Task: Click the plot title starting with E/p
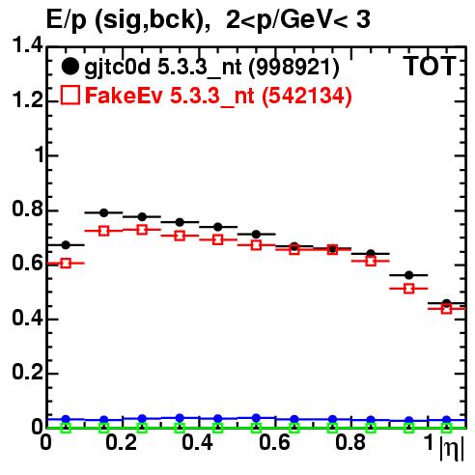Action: [x=209, y=20]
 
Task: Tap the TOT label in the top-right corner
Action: [x=431, y=66]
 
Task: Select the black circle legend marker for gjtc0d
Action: [x=70, y=67]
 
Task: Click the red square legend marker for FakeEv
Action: [x=70, y=95]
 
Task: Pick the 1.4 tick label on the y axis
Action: [x=28, y=45]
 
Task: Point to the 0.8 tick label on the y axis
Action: [x=28, y=209]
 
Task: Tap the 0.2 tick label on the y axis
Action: [x=28, y=372]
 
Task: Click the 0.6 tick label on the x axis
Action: [x=274, y=442]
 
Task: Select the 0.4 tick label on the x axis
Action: [x=197, y=442]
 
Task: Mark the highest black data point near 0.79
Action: [x=103, y=212]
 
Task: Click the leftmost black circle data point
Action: [x=66, y=245]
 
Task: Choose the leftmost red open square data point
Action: [x=66, y=264]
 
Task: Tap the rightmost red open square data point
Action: [x=446, y=309]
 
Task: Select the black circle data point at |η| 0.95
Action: [x=408, y=275]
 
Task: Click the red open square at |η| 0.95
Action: [x=408, y=289]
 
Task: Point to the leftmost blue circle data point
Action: [x=66, y=419]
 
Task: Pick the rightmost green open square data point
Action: [x=446, y=428]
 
